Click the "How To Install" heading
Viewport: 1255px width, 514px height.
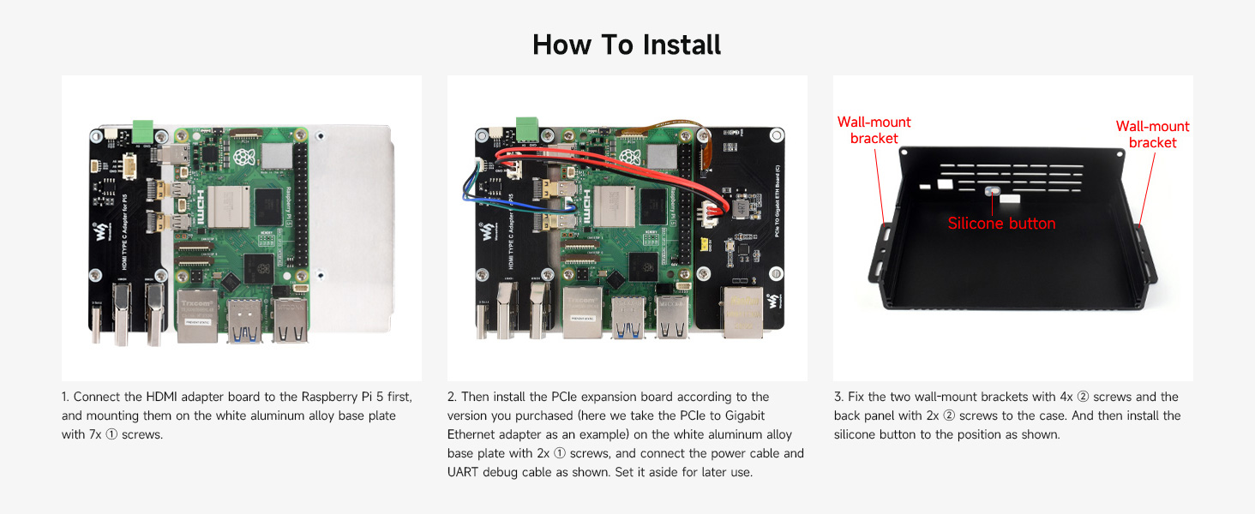pyautogui.click(x=627, y=44)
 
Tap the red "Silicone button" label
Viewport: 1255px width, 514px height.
pyautogui.click(x=1001, y=224)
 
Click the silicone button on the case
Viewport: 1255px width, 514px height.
pyautogui.click(x=992, y=194)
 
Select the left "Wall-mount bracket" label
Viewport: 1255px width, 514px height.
pyautogui.click(x=874, y=130)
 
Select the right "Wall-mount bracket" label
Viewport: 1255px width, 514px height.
pyautogui.click(x=1152, y=134)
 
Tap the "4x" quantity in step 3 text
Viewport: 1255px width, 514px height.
pyautogui.click(x=1069, y=397)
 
